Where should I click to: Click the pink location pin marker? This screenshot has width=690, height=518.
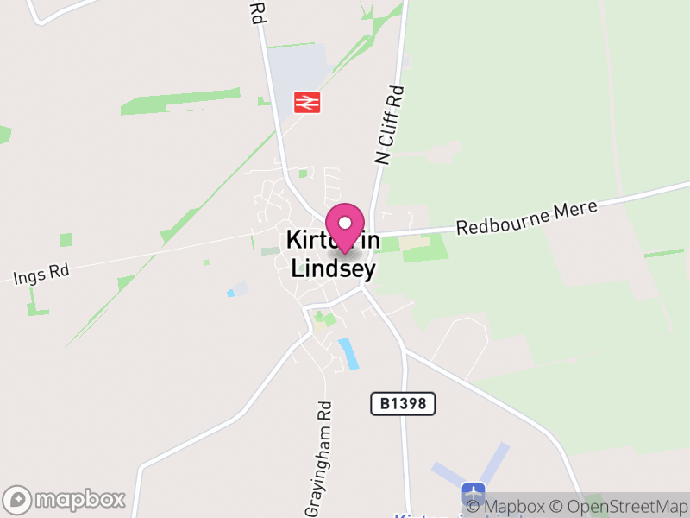pyautogui.click(x=346, y=226)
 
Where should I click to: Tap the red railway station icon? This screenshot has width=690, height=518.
pyautogui.click(x=306, y=102)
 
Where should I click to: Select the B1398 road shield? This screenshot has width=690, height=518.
pyautogui.click(x=403, y=403)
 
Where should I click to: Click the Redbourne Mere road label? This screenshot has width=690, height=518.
pyautogui.click(x=514, y=220)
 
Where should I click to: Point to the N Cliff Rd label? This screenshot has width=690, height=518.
pyautogui.click(x=390, y=124)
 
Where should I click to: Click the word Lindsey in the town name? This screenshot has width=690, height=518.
pyautogui.click(x=333, y=268)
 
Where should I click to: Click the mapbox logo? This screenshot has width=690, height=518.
pyautogui.click(x=66, y=499)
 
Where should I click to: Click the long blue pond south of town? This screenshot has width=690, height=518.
pyautogui.click(x=349, y=353)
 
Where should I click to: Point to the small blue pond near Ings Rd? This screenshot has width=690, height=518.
pyautogui.click(x=230, y=294)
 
